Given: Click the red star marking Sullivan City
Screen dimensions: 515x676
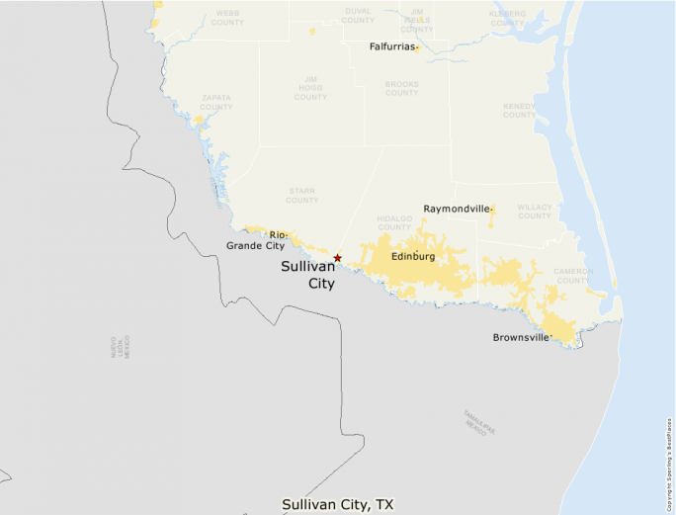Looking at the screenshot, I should pos(338,258).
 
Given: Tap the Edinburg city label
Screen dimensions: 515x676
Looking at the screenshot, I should pos(413,257).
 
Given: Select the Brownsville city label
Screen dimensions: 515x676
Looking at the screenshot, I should pos(521,337).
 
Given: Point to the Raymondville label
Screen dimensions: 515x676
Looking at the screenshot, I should pos(457,209).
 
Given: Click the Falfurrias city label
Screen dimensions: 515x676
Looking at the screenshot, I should pos(392,46).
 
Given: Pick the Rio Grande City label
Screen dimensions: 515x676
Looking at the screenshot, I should pos(256,240).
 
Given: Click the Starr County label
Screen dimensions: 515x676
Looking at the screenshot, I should pos(302,195).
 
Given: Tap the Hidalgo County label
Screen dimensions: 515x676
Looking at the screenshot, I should pos(394,222).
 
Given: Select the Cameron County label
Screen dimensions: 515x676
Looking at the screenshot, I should pos(572,275).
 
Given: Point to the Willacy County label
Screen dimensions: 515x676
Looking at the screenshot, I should pos(535,211).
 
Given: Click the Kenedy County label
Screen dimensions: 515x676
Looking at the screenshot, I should pos(519,110).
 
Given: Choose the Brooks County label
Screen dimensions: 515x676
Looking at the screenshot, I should pos(402,88).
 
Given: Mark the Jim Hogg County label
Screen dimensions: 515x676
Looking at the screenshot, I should pos(310,87).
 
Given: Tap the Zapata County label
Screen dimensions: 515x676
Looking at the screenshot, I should pos(216,101).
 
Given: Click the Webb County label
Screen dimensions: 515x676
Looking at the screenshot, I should pos(227,17).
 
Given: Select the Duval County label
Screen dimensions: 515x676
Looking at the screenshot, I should pos(358,15).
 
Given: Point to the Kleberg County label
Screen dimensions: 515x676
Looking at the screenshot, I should pos(508,17).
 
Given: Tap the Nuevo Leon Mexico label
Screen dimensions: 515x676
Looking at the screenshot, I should pos(121,346).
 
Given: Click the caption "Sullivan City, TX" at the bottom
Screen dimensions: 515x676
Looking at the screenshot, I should pos(339,504).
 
